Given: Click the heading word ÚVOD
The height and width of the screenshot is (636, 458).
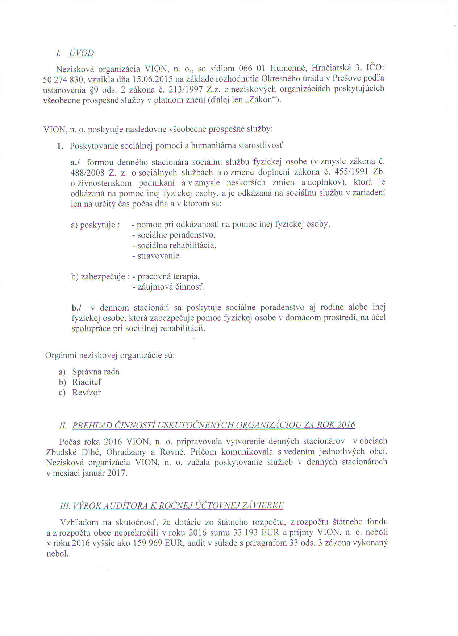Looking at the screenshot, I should click(82, 53).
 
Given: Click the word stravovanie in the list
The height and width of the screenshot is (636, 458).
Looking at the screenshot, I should click(159, 256).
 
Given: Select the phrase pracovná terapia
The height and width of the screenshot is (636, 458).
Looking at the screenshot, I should click(168, 276).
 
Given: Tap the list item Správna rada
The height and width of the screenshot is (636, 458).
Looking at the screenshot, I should click(96, 372).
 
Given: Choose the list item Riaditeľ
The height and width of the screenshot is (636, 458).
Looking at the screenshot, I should click(87, 382).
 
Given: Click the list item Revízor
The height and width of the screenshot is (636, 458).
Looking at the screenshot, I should click(86, 393).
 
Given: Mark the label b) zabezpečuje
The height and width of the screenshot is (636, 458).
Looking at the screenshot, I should click(100, 277).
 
